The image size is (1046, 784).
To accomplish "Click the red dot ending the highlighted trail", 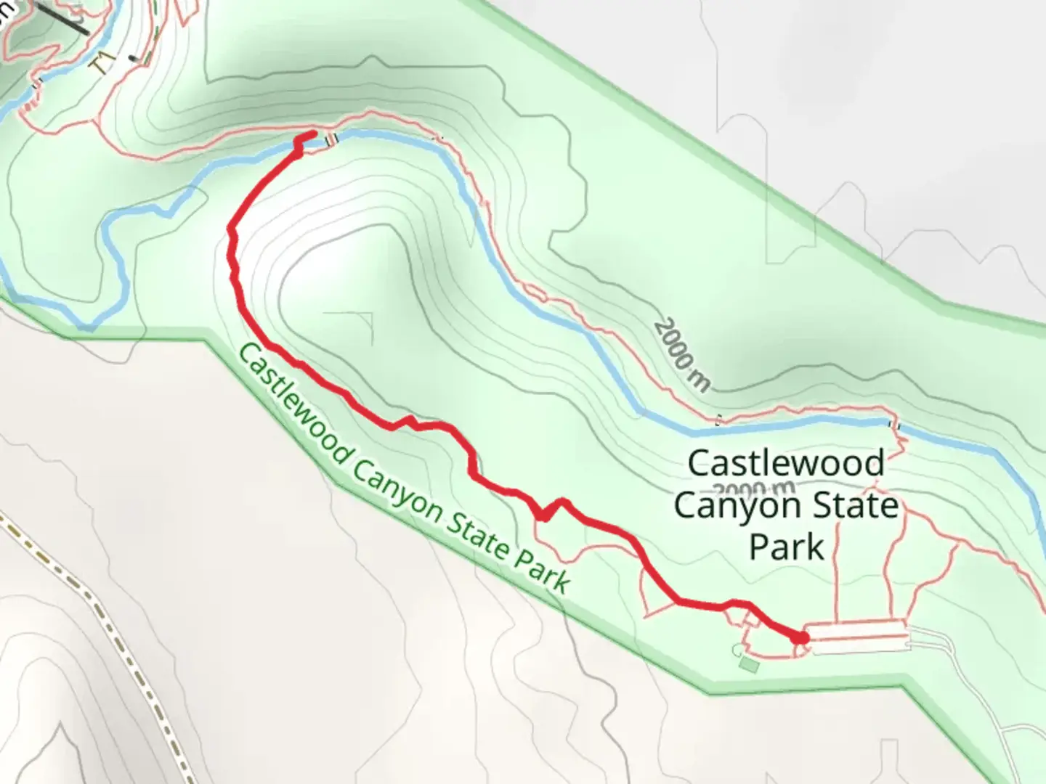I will (x=800, y=637).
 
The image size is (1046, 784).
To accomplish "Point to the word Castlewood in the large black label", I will (x=786, y=463).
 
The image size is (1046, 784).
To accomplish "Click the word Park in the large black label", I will (x=787, y=547).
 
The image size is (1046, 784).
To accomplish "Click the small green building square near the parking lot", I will (x=749, y=663).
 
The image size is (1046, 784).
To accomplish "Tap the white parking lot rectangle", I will (x=857, y=637).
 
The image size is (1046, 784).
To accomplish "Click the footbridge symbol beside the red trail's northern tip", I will (x=331, y=139).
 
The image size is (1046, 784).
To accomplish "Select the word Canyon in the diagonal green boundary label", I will (x=395, y=478).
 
